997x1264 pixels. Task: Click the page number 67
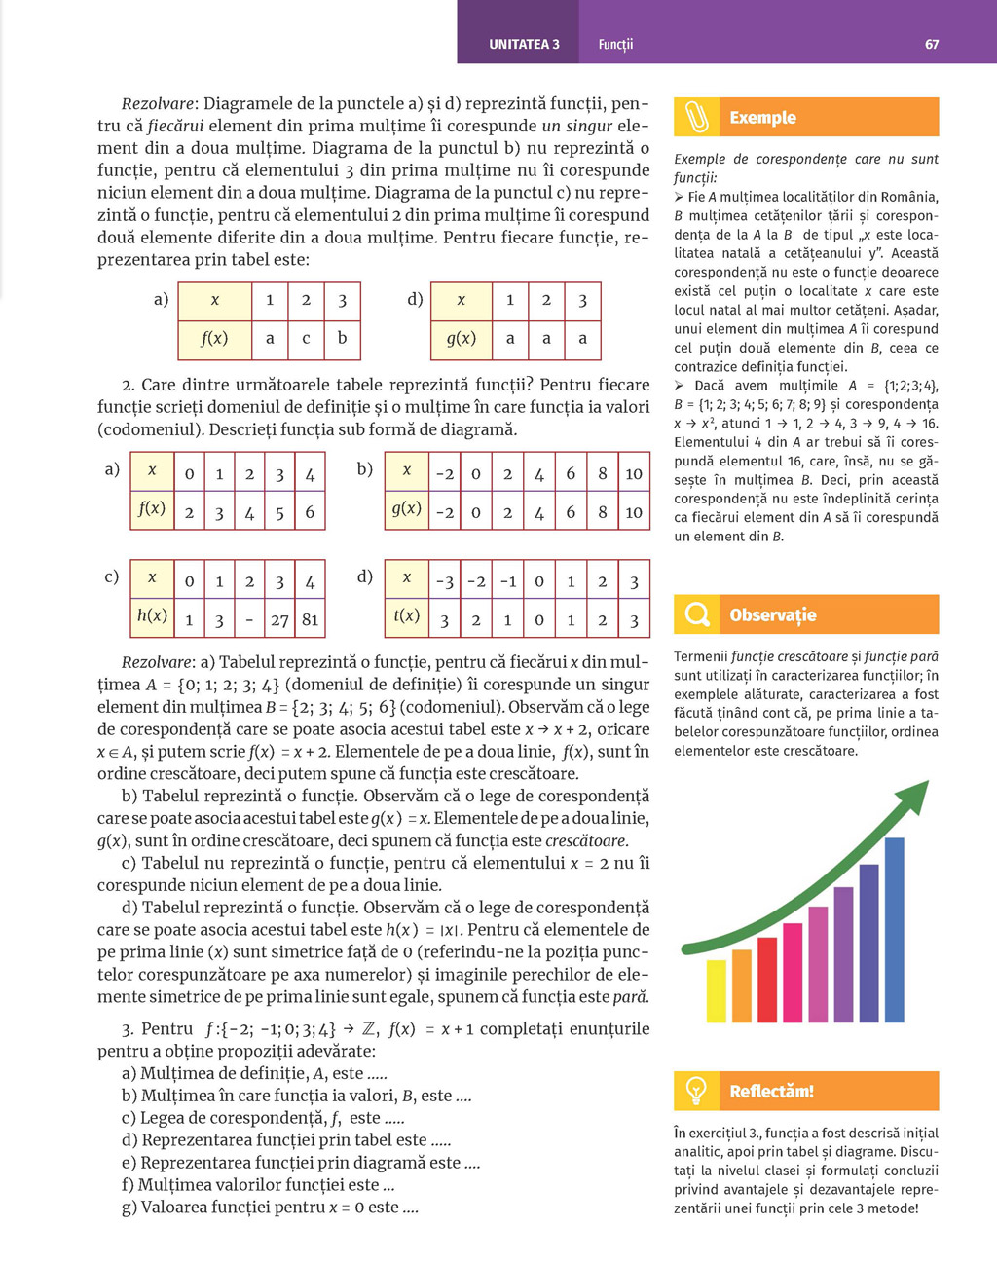coord(932,44)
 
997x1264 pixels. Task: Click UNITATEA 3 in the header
coord(524,44)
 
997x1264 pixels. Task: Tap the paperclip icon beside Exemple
coord(697,117)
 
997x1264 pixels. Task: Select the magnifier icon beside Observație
coord(697,614)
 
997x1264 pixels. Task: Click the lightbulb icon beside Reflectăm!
coord(697,1091)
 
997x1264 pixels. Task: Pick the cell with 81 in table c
coord(310,619)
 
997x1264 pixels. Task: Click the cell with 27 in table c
coord(279,619)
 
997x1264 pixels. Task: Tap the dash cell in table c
coord(249,619)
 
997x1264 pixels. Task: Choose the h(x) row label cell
coord(152,615)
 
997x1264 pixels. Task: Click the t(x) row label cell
coord(407,615)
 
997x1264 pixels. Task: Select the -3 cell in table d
coord(444,581)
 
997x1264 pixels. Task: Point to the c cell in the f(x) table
coord(306,339)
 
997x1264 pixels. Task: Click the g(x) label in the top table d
coord(461,339)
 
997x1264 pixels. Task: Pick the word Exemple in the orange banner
coord(762,118)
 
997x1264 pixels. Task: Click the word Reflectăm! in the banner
coord(771,1091)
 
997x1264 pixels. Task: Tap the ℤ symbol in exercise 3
coord(369,1028)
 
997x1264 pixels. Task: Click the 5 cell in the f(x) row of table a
coord(279,511)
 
